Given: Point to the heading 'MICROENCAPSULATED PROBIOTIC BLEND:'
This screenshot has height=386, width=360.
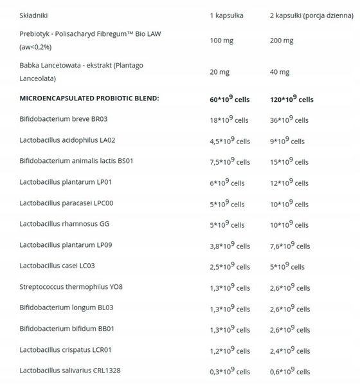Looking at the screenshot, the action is point(89,98).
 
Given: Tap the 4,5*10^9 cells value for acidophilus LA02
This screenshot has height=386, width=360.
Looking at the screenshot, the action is point(229,140).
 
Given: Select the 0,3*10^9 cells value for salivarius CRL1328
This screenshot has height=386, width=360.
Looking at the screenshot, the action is point(229,371).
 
